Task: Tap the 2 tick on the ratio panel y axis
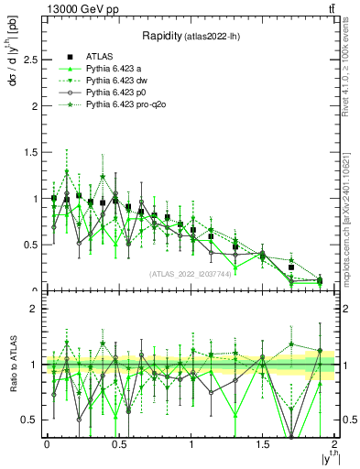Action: coord(34,310)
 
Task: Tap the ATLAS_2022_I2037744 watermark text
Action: coord(190,274)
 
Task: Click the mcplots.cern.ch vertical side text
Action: coord(346,220)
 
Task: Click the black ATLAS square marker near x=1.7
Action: coord(291,267)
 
